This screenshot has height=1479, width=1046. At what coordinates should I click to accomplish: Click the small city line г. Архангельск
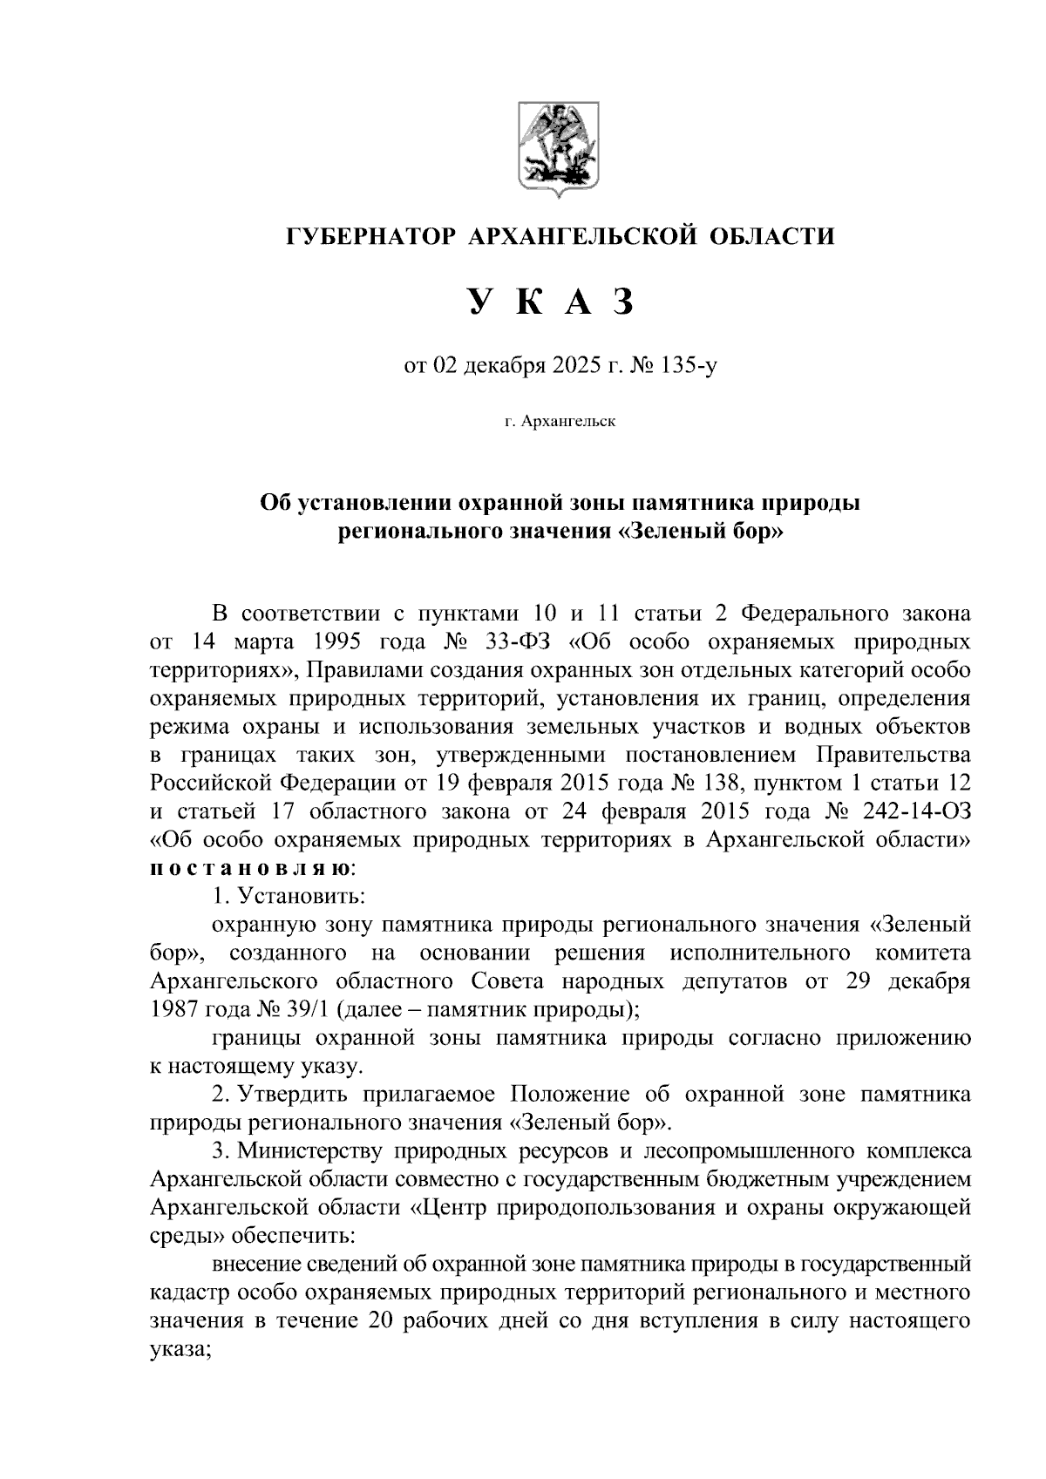point(559,422)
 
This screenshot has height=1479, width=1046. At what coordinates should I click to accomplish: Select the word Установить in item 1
point(302,896)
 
